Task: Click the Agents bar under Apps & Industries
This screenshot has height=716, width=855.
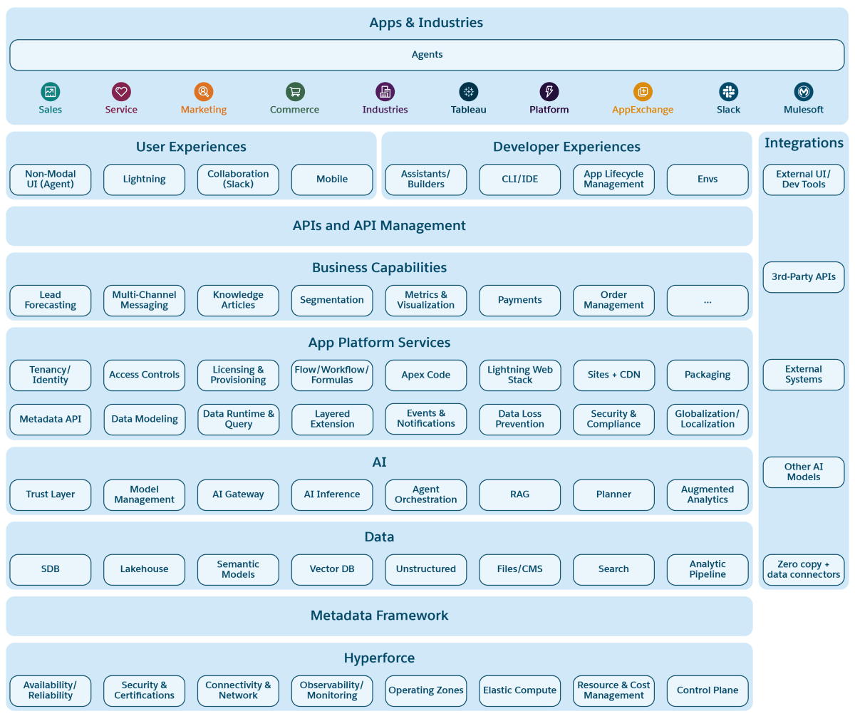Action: (426, 55)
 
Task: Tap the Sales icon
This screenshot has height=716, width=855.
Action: (51, 92)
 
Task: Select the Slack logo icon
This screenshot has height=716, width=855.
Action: (728, 92)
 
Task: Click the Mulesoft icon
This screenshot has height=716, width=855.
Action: (804, 92)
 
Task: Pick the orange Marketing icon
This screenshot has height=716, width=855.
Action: (204, 92)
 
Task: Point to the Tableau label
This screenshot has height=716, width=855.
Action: (468, 110)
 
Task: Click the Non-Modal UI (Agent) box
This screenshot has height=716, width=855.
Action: (51, 180)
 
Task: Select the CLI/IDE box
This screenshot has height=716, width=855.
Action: (519, 180)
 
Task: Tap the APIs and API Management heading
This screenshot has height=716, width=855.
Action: (379, 226)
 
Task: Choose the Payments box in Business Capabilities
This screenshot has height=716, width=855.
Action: (519, 300)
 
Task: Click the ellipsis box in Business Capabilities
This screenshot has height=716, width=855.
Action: (708, 300)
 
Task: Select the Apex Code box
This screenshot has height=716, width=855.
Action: (425, 375)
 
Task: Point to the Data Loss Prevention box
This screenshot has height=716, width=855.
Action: (519, 419)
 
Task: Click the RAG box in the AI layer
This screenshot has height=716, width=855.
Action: (519, 494)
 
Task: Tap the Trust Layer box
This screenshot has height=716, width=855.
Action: (51, 494)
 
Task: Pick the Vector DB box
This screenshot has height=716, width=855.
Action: (332, 569)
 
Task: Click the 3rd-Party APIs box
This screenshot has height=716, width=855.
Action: (803, 276)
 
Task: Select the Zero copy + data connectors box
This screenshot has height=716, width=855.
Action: (803, 569)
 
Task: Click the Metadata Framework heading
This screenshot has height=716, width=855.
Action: (379, 616)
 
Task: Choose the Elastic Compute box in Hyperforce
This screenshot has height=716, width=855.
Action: (519, 690)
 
